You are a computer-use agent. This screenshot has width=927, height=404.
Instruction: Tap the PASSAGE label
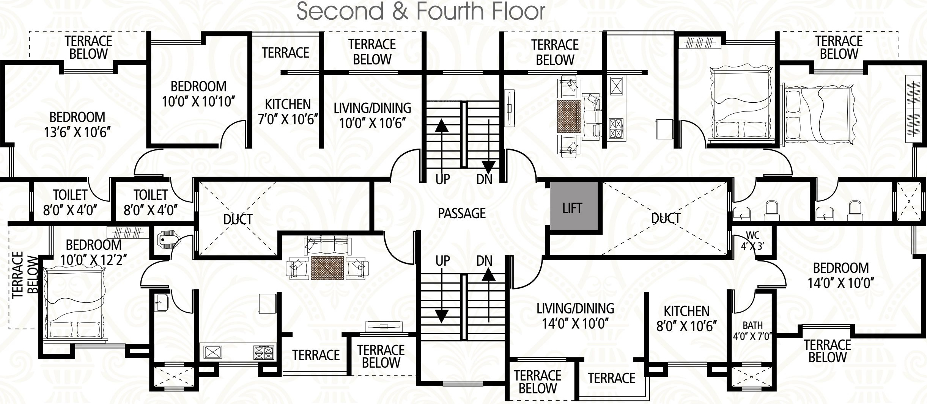pos(462,213)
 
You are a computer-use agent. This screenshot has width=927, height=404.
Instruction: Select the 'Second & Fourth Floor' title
pos(420,11)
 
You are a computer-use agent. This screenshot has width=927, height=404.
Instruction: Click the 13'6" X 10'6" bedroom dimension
pos(77,133)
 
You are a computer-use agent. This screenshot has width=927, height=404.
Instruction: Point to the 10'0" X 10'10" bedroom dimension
pos(198,102)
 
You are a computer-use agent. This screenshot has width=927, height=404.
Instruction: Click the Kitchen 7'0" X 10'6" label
pos(288,112)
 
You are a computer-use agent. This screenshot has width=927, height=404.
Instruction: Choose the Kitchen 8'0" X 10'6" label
pos(686,319)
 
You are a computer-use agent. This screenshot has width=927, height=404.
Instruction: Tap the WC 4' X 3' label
pos(752,240)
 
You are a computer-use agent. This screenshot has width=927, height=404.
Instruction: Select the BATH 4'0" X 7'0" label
pos(752,330)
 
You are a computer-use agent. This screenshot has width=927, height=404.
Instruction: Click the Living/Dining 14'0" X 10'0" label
pos(575,316)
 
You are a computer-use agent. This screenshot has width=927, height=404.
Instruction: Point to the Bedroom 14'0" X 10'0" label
pos(841,276)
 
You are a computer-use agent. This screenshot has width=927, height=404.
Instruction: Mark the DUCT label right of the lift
pos(666,218)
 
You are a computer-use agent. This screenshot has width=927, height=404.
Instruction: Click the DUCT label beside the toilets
pos(238,219)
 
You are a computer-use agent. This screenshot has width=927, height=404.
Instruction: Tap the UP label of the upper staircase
pos(442,179)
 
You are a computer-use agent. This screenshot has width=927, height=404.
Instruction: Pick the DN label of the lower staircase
pos(484,261)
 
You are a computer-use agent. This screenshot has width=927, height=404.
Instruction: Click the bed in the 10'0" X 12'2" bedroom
pos(74,303)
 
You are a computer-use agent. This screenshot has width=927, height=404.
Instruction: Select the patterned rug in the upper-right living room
pos(569,117)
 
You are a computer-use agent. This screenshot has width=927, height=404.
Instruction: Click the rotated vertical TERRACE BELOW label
pos(25,275)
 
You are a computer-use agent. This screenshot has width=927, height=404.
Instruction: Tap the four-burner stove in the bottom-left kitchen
pos(264,352)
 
